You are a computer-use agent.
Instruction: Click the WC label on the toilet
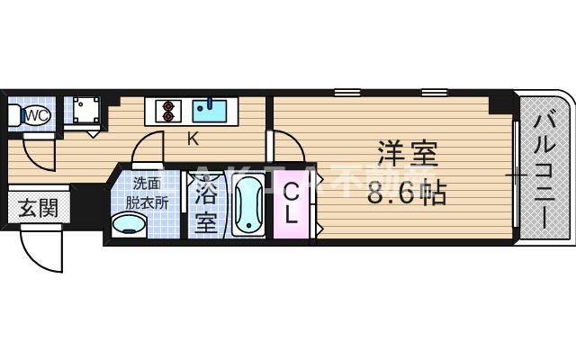[x=37, y=114]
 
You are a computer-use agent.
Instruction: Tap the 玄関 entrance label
[x=37, y=209]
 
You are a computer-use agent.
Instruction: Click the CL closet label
[x=292, y=206]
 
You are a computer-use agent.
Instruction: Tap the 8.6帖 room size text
[x=407, y=193]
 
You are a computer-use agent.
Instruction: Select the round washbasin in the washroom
[x=127, y=224]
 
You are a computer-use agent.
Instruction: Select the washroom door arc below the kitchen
[x=149, y=148]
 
